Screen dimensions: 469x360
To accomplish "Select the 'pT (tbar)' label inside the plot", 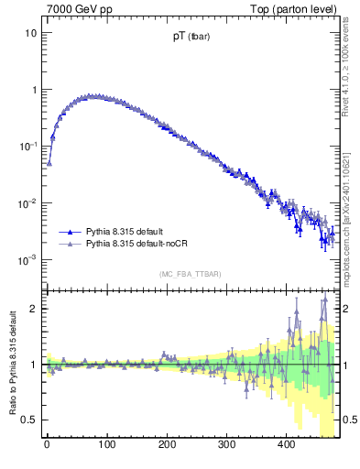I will click(191, 38).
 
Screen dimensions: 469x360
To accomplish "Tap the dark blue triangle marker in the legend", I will click(71, 232).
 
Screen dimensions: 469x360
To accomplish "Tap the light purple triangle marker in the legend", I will click(71, 245).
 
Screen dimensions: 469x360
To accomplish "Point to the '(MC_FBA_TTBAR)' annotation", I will click(190, 275).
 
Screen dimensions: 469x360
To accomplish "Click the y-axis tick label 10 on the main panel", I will click(30, 33).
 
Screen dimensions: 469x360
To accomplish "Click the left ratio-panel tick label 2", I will click(33, 309).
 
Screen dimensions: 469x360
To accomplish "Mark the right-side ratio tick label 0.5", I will click(349, 420).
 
